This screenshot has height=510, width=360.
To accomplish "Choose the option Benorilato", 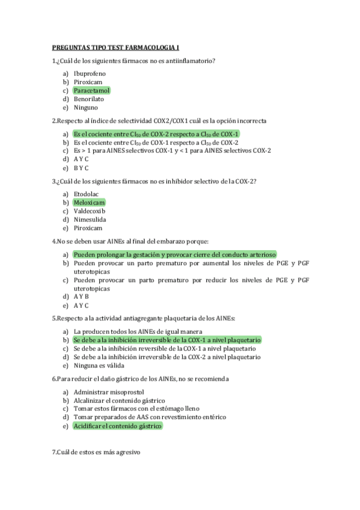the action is [88, 99].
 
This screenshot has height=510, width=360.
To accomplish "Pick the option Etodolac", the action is [87, 194].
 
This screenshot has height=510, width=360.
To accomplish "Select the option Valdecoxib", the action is [89, 211].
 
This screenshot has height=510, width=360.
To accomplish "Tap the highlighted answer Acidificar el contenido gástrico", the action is [117, 426].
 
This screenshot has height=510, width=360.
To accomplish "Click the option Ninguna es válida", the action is [99, 366].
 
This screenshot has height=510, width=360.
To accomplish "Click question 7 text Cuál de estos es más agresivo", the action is [97, 452].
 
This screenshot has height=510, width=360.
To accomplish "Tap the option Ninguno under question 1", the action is [85, 108].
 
